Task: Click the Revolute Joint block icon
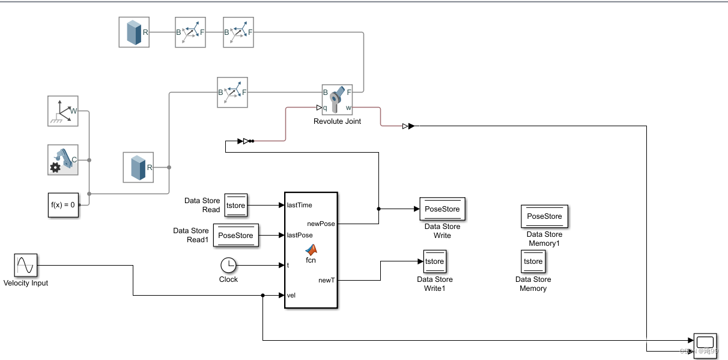pos(337,100)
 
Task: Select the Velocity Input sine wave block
pos(25,265)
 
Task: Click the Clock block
pos(228,264)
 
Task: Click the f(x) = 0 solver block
pos(63,204)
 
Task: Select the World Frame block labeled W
pos(63,111)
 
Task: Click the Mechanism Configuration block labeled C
pos(63,160)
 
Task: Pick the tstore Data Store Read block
pos(235,205)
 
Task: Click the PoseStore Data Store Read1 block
pos(235,236)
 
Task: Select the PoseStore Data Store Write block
pos(442,209)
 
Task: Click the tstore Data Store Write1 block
pos(434,261)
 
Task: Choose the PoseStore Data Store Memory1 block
pos(544,216)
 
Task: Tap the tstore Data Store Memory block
pos(533,261)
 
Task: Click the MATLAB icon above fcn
pos(311,249)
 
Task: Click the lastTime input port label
pos(300,205)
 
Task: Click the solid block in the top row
pos(133,32)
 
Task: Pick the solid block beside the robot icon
pos(138,167)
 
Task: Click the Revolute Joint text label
pos(337,121)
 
